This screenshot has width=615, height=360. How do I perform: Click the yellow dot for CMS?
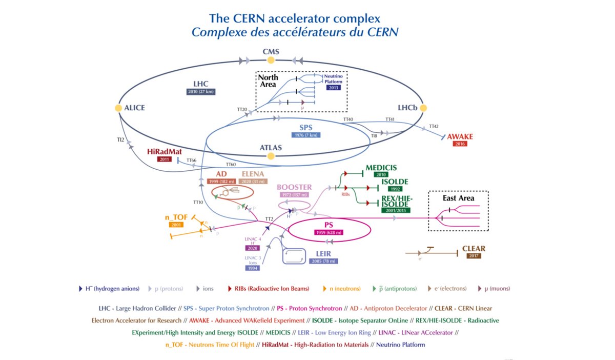[x=271, y=60]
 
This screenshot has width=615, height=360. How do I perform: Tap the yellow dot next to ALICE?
[x=118, y=108]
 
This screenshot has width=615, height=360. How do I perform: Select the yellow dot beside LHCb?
[x=423, y=108]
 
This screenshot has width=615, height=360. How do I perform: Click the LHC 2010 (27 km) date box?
[x=200, y=91]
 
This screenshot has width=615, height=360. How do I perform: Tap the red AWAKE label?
[x=460, y=136]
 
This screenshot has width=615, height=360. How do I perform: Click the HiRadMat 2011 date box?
[x=165, y=159]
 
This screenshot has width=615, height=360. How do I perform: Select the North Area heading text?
[x=268, y=81]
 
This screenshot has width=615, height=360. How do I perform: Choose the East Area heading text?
[x=458, y=198]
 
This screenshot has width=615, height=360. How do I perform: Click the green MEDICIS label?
[x=381, y=168]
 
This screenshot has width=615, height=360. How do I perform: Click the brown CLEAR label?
[x=474, y=249]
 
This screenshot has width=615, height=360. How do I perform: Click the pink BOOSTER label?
[x=294, y=187]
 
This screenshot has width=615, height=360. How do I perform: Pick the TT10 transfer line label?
[x=198, y=202]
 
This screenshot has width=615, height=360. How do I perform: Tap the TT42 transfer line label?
[x=434, y=126]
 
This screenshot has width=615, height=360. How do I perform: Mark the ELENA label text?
[x=253, y=174]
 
